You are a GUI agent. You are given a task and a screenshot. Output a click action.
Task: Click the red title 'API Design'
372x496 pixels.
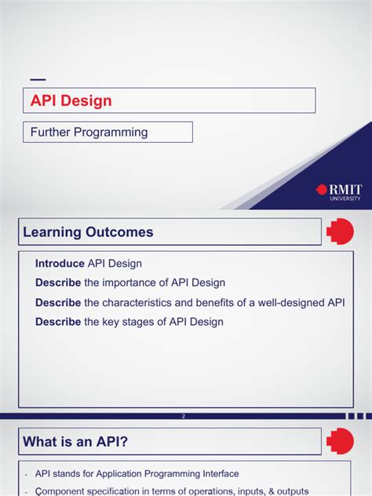(x=71, y=101)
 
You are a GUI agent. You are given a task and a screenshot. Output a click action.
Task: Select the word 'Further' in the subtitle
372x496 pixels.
(x=52, y=132)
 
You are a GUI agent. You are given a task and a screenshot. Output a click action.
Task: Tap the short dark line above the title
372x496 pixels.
(x=37, y=80)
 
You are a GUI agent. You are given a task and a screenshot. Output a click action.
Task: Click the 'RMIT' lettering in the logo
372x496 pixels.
(x=345, y=188)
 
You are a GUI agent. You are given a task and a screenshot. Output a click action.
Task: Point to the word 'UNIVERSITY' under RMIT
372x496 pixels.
(x=346, y=199)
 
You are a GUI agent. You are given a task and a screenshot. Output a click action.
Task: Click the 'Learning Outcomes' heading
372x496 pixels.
(x=88, y=232)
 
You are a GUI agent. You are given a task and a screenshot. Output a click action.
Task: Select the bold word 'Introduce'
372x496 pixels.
(x=60, y=264)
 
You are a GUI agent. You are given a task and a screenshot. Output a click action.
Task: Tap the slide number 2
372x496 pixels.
(x=183, y=417)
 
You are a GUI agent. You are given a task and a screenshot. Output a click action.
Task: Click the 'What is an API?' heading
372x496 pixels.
(x=75, y=442)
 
